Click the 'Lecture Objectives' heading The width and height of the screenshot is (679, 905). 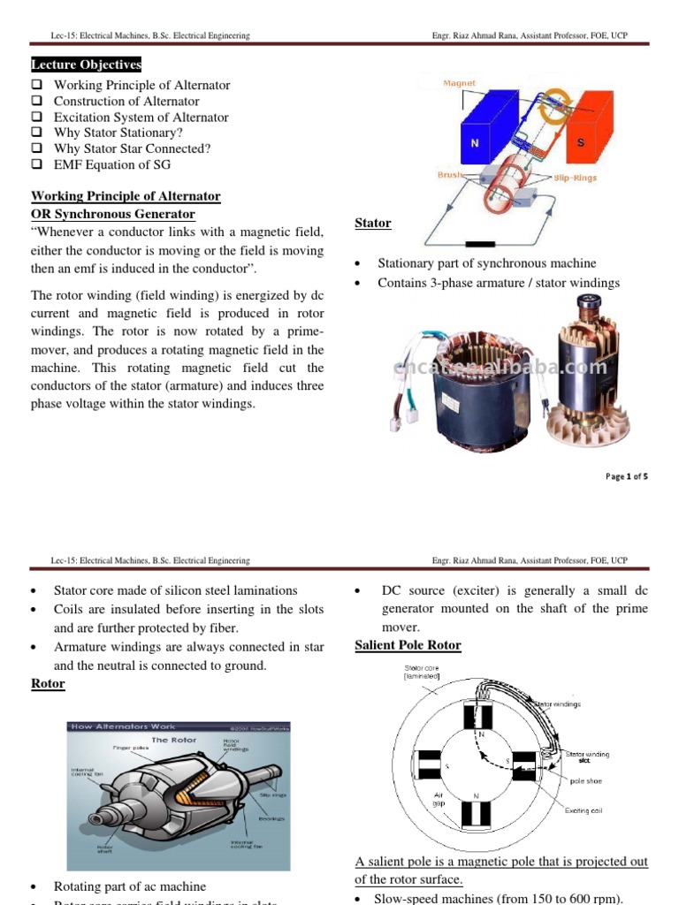[x=86, y=65]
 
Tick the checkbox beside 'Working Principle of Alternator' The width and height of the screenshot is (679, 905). [x=36, y=85]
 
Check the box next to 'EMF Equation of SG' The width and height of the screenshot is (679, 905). [x=36, y=164]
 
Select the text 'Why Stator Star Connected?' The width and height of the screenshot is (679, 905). [x=132, y=148]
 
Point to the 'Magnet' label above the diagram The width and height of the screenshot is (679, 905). [x=459, y=83]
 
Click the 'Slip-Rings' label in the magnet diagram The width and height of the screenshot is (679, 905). [x=575, y=178]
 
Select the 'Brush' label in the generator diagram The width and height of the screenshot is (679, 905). [x=451, y=175]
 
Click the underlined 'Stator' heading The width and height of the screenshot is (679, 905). [x=372, y=224]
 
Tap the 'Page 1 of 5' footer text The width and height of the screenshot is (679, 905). [x=626, y=476]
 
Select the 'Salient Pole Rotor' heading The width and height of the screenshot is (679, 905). [x=408, y=645]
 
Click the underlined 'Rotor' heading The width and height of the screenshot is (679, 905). [x=48, y=684]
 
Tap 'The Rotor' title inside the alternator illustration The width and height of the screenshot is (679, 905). [x=173, y=739]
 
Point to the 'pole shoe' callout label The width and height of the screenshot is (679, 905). [x=586, y=781]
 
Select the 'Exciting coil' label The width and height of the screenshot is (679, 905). [x=584, y=810]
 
